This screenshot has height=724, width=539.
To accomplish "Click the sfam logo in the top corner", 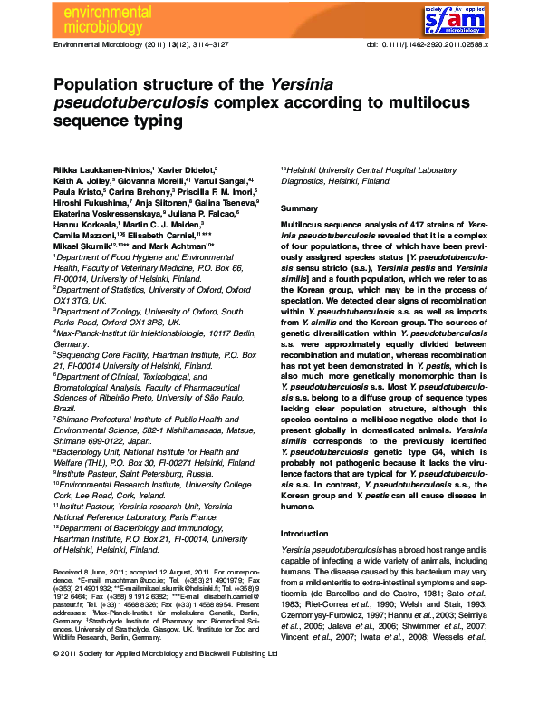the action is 488,17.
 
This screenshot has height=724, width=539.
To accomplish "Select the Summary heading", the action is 300,208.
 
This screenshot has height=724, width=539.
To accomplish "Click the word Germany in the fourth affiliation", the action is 71,345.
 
